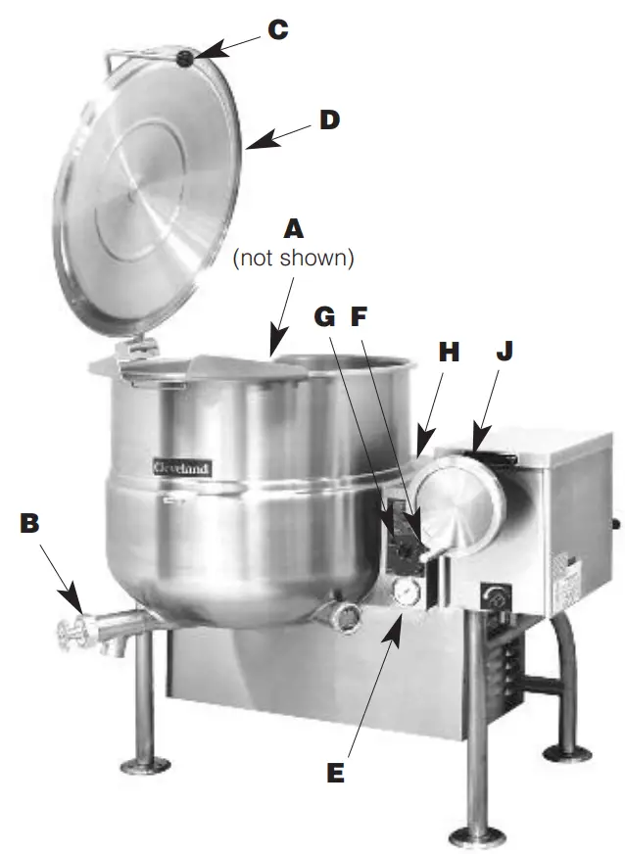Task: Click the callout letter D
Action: (329, 119)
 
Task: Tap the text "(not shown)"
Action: (291, 259)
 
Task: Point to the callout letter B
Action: (31, 524)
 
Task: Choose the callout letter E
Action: (335, 773)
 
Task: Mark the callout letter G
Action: (326, 317)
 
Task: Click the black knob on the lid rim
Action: (187, 61)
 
